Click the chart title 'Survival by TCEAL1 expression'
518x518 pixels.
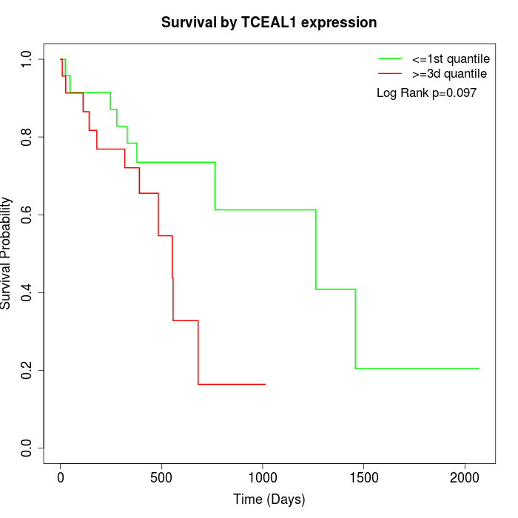pos(269,23)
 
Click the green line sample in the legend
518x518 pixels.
pos(390,58)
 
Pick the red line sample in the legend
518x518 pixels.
pos(390,74)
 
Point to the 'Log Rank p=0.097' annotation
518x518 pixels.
pos(426,93)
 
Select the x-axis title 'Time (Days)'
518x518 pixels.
pos(269,499)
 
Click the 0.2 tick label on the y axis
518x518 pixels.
pos(27,370)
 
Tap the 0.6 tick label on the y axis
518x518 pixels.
pos(27,215)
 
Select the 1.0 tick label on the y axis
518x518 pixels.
pos(27,59)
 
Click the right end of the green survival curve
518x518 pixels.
pos(479,369)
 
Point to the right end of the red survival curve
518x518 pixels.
pos(265,384)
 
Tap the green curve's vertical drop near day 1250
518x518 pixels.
pos(316,249)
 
